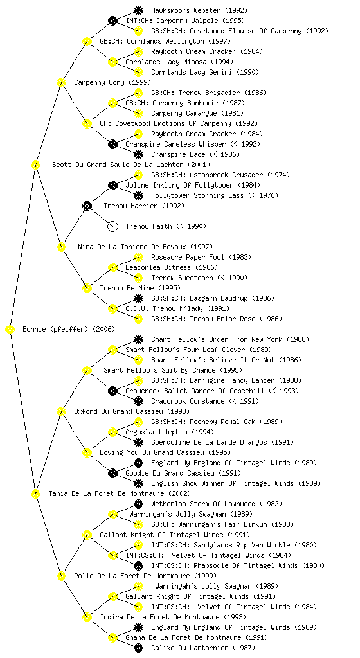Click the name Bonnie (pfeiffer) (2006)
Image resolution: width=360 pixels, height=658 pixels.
[69, 330]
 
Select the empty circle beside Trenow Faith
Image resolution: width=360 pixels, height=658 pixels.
[113, 227]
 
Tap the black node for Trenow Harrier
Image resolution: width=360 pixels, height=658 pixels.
[87, 206]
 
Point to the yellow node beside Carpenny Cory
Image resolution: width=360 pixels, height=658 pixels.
[61, 83]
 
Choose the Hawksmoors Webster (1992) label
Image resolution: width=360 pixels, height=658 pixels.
[199, 10]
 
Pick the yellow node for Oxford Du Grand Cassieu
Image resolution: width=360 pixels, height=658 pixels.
[61, 412]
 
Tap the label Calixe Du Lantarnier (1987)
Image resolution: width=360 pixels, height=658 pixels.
[203, 648]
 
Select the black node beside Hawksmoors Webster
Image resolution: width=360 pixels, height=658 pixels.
[138, 10]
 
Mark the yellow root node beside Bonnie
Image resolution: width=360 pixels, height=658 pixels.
[10, 330]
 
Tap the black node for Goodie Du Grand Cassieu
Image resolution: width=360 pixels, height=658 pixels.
[113, 474]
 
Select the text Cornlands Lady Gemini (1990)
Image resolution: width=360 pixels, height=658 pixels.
[205, 72]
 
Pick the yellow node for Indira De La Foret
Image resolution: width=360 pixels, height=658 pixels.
[87, 618]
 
